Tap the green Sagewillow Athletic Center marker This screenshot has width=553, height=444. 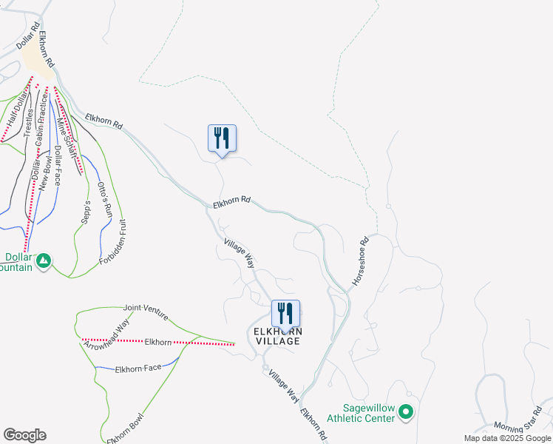405,412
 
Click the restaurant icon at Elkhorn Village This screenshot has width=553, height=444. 285,313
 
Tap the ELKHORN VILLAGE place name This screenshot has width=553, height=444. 277,336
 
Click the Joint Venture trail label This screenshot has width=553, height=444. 143,308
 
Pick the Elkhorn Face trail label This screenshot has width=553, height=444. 138,368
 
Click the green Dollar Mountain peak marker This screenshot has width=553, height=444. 44,260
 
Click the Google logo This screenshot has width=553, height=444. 24,435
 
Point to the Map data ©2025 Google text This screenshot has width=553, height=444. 507,438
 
